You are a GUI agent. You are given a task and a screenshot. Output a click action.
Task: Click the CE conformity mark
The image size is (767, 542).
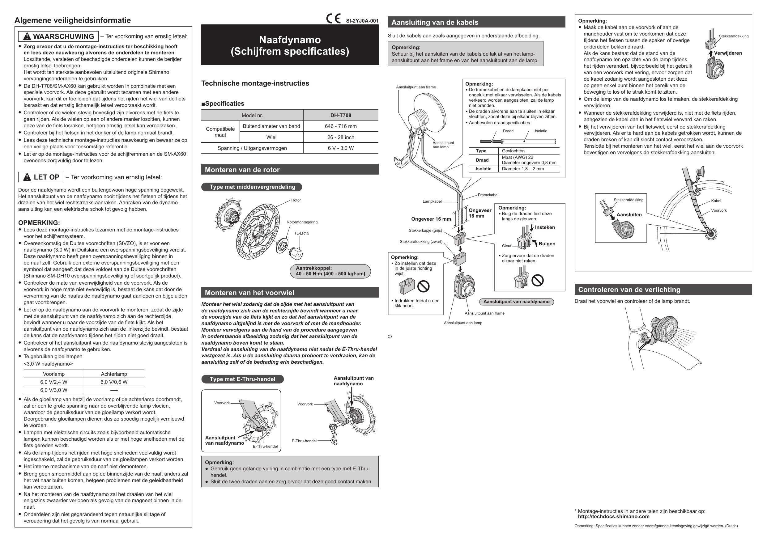pos(333,19)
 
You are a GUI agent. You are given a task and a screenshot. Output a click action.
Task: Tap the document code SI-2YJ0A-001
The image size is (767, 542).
pos(362,21)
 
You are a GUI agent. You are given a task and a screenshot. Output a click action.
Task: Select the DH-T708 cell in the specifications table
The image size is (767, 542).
pos(341,115)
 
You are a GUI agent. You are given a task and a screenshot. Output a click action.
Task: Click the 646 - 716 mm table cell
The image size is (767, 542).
pos(341,126)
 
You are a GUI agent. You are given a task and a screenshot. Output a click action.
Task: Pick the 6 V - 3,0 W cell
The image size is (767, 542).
pos(341,148)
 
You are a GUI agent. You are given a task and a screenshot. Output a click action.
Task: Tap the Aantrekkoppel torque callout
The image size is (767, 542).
pos(330,271)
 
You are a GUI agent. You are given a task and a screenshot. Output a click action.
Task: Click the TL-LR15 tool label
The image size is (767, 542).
pos(301,233)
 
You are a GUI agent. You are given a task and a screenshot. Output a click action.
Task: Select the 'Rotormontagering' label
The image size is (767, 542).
pos(302,222)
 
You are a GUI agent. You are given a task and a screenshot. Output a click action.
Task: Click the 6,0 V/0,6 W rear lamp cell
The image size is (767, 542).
pos(114,382)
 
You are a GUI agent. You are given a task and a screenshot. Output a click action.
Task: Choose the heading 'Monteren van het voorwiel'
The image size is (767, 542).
pos(249,293)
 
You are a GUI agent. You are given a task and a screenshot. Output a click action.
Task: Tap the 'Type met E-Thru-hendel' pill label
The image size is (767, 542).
pos(242,379)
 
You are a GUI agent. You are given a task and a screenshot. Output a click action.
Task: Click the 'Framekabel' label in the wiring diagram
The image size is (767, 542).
pos(488,195)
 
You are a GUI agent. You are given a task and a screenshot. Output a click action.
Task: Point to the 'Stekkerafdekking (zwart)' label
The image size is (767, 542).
pos(421,242)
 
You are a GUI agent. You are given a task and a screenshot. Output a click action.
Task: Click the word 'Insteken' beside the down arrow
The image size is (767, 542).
pos(544,227)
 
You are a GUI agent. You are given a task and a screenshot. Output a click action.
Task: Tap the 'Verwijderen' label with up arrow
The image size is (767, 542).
pos(727,53)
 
